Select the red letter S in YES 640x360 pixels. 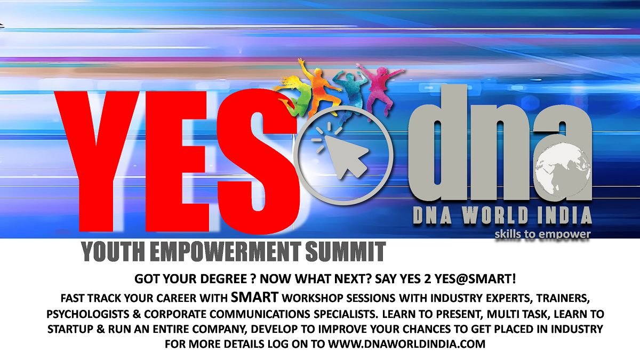click(259, 160)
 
